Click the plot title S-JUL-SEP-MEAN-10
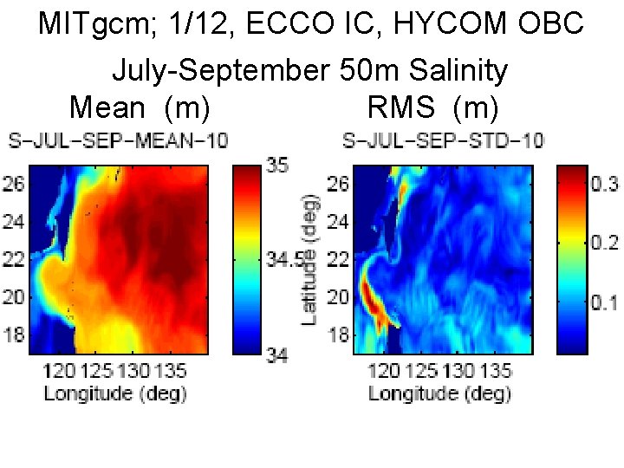point(118,140)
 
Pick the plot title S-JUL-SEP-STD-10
point(443,140)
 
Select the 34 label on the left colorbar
point(279,354)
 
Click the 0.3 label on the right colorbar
point(604,184)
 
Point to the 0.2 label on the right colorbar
point(604,244)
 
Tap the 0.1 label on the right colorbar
point(604,303)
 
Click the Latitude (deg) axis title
point(309,260)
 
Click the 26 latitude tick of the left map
point(16,184)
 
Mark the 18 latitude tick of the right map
point(340,335)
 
